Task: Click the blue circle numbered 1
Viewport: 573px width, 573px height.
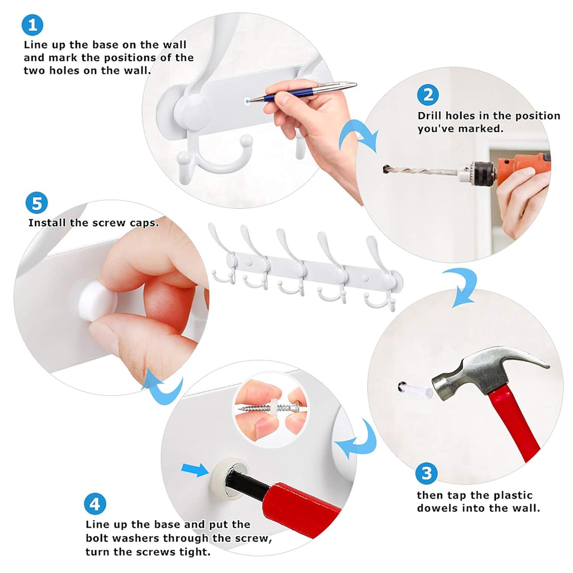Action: point(32,25)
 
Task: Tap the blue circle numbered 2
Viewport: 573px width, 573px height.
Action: point(428,94)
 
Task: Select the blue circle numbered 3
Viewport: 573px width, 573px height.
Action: point(426,473)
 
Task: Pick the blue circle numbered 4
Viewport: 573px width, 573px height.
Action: point(95,504)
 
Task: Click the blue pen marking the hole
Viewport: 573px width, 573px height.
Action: point(302,92)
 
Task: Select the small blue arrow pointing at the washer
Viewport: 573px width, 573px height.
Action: point(195,470)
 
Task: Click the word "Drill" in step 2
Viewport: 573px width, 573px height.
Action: point(430,116)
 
